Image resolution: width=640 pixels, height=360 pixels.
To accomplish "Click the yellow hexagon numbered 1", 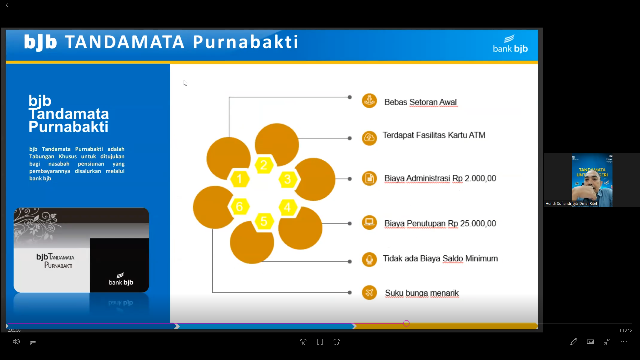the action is tap(239, 179).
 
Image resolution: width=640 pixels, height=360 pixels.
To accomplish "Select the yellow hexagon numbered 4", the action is tap(287, 207).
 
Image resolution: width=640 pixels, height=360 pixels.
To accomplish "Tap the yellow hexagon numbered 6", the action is tap(239, 207).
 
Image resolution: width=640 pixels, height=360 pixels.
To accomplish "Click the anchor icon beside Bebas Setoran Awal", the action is tap(369, 101).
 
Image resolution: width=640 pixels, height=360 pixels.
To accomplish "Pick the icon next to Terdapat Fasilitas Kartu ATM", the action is tap(369, 138).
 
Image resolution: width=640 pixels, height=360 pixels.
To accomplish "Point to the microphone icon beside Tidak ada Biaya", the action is tap(369, 259).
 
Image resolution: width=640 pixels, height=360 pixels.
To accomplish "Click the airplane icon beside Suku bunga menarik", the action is tap(369, 293).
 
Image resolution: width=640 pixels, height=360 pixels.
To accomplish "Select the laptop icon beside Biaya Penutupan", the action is tap(369, 222).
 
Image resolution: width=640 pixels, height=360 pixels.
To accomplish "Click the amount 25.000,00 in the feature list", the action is tap(478, 223).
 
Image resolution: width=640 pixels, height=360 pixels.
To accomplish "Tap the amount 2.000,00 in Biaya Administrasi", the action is tap(480, 178).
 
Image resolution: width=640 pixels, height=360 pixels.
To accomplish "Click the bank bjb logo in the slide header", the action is tap(510, 44).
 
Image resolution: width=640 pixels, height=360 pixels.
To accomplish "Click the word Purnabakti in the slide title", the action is tap(245, 42).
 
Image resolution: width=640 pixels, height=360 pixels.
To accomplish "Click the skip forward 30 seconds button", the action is tap(337, 342).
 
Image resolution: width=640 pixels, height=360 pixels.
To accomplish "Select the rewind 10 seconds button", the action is tap(303, 342).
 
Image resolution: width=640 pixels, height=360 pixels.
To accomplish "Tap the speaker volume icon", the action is tap(16, 342).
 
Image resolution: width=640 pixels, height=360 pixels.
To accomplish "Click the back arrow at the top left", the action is tap(8, 5).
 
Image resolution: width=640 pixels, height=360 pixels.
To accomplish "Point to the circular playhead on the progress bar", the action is tap(406, 323).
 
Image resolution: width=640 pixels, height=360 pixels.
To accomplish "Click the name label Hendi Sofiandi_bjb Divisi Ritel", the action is tap(571, 203).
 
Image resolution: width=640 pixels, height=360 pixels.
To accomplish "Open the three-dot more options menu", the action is tap(624, 342).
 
